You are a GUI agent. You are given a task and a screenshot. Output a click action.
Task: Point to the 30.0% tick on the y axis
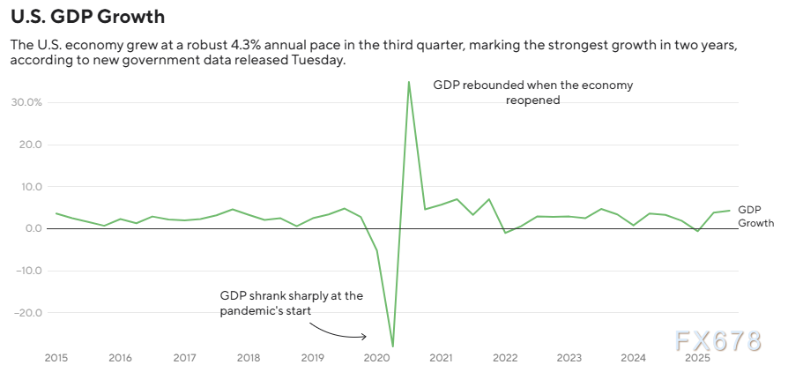click(x=26, y=102)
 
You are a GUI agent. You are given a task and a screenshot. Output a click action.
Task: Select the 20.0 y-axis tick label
click(x=29, y=145)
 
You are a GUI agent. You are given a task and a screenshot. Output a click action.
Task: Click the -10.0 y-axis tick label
click(x=27, y=271)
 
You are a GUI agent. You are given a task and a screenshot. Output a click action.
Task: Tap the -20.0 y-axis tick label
click(x=27, y=313)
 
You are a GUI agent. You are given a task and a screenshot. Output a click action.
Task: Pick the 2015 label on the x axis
click(x=56, y=358)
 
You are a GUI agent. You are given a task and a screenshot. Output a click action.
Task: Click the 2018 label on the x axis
click(x=249, y=358)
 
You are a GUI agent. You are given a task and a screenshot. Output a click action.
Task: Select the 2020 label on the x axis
click(x=376, y=358)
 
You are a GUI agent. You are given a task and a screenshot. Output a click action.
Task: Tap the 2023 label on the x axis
click(x=569, y=358)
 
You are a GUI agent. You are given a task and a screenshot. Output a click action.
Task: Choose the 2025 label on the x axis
click(x=697, y=358)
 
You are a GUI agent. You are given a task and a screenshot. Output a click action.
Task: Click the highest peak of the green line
click(x=409, y=82)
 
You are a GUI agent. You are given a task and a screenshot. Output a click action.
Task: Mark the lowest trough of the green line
click(x=392, y=346)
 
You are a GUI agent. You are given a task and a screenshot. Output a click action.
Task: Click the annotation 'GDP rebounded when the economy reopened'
click(x=532, y=93)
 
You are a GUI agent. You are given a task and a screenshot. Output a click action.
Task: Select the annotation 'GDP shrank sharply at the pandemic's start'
click(x=291, y=303)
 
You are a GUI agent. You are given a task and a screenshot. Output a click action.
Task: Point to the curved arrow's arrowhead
click(x=365, y=336)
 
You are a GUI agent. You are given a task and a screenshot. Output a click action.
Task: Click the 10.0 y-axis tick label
click(x=29, y=187)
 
